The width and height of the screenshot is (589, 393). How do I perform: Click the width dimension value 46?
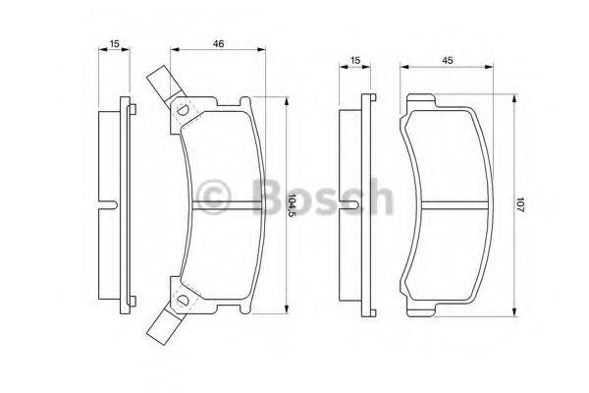click(219, 44)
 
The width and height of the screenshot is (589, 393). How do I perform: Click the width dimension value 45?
click(447, 61)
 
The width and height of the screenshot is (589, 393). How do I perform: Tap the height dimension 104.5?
click(292, 205)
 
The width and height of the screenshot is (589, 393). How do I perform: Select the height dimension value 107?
click(519, 205)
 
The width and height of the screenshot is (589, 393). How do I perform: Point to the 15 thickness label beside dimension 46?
click(115, 44)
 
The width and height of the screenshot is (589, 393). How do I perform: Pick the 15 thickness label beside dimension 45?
click(355, 61)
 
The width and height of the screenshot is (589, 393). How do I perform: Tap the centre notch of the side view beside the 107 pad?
click(351, 205)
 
